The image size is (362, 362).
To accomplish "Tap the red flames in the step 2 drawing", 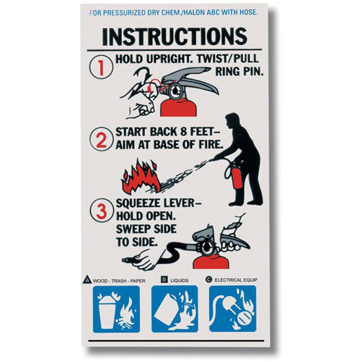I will pyautogui.click(x=141, y=176).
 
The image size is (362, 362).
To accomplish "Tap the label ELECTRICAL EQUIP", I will pyautogui.click(x=240, y=280).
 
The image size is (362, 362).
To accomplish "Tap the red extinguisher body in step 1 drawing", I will pyautogui.click(x=179, y=107).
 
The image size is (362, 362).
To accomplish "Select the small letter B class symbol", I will pyautogui.click(x=164, y=279).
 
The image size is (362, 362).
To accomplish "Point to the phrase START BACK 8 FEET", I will pyautogui.click(x=169, y=133).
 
